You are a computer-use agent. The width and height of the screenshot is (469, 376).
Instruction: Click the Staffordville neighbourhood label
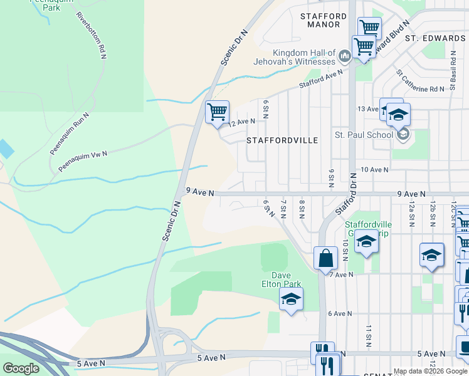(x=282, y=140)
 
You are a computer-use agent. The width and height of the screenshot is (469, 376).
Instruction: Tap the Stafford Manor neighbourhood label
(x=324, y=20)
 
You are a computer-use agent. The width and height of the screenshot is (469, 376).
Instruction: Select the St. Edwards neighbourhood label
(x=435, y=38)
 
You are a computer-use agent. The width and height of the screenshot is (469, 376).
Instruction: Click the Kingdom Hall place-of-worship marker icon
(x=344, y=57)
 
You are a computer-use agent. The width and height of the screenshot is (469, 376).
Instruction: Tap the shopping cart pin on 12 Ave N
(x=217, y=112)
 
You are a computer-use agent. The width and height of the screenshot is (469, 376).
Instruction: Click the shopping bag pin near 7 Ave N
(x=325, y=258)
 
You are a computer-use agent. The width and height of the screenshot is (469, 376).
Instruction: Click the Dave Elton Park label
(x=286, y=279)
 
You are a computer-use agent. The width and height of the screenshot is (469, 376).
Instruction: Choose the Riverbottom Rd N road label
(x=90, y=36)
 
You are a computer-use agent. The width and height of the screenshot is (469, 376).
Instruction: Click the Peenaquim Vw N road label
(x=83, y=162)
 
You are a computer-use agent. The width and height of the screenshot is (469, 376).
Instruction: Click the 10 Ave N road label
(x=374, y=170)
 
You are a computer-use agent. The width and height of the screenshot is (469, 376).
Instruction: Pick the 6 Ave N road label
(x=340, y=313)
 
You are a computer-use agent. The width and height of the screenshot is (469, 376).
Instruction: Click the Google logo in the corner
(x=21, y=368)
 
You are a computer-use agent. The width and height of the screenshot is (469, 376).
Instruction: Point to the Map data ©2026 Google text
(x=430, y=371)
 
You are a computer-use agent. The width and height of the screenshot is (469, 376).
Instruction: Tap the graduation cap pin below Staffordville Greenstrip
(x=367, y=242)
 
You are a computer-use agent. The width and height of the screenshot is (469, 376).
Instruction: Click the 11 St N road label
(x=369, y=336)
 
